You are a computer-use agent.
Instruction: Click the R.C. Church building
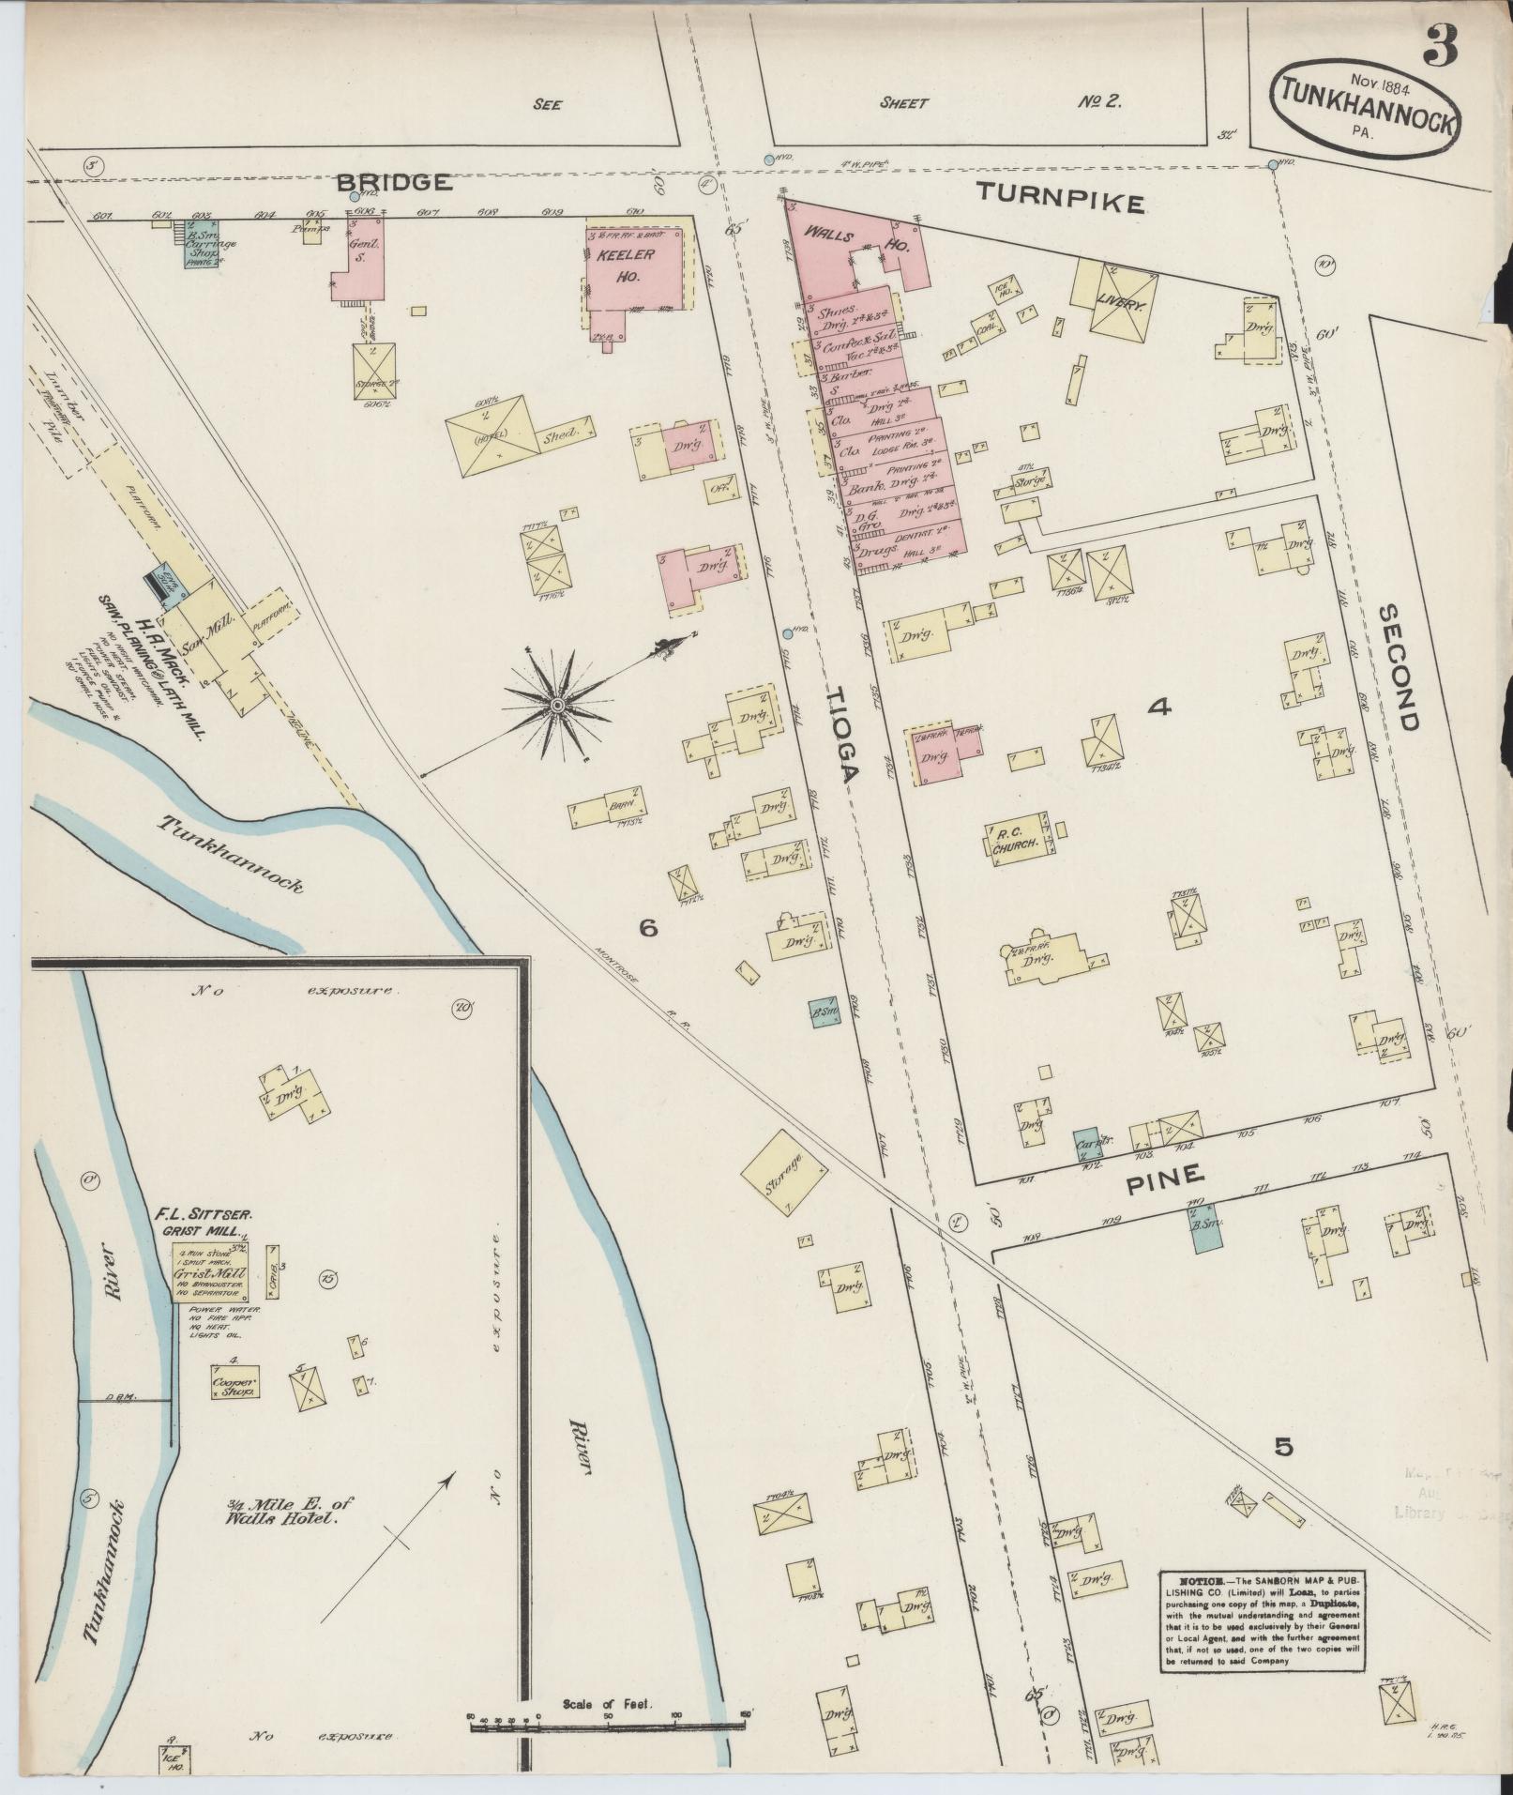(1017, 838)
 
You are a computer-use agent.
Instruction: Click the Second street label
(1398, 666)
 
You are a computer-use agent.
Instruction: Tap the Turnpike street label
(1060, 198)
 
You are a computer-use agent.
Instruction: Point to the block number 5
(1283, 1447)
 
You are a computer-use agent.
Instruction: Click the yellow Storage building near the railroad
(784, 1170)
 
